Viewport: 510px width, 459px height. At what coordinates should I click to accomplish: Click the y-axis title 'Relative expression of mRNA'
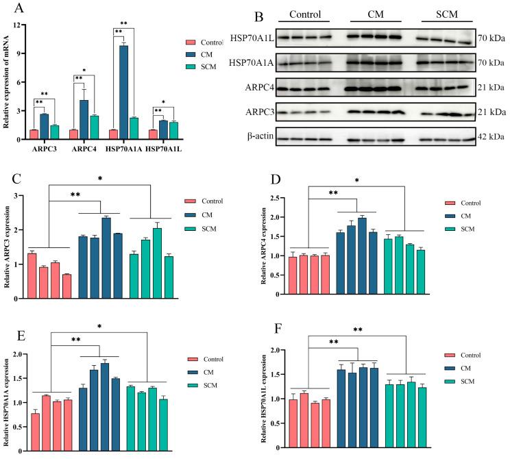pos(8,82)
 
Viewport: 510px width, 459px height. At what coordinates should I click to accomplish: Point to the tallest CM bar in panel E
pos(105,396)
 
